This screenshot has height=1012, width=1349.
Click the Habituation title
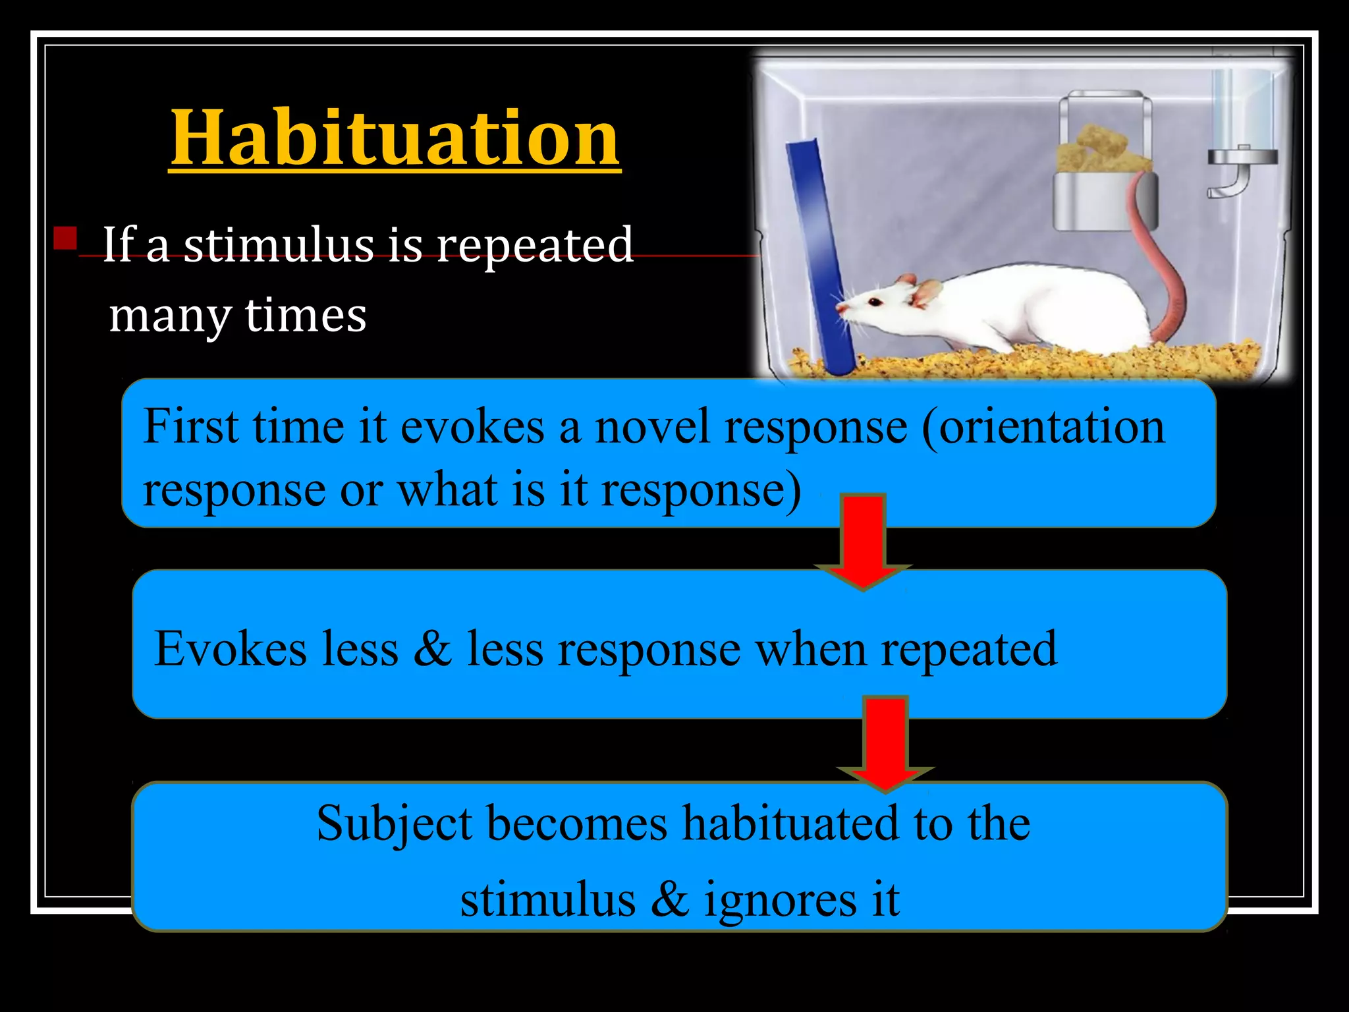394,138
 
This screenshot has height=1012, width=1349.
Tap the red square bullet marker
65,239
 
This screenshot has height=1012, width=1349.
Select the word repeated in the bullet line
534,245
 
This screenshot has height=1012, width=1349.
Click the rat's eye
874,302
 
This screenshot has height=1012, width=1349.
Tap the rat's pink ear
927,293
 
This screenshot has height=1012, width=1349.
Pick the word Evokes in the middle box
231,649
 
